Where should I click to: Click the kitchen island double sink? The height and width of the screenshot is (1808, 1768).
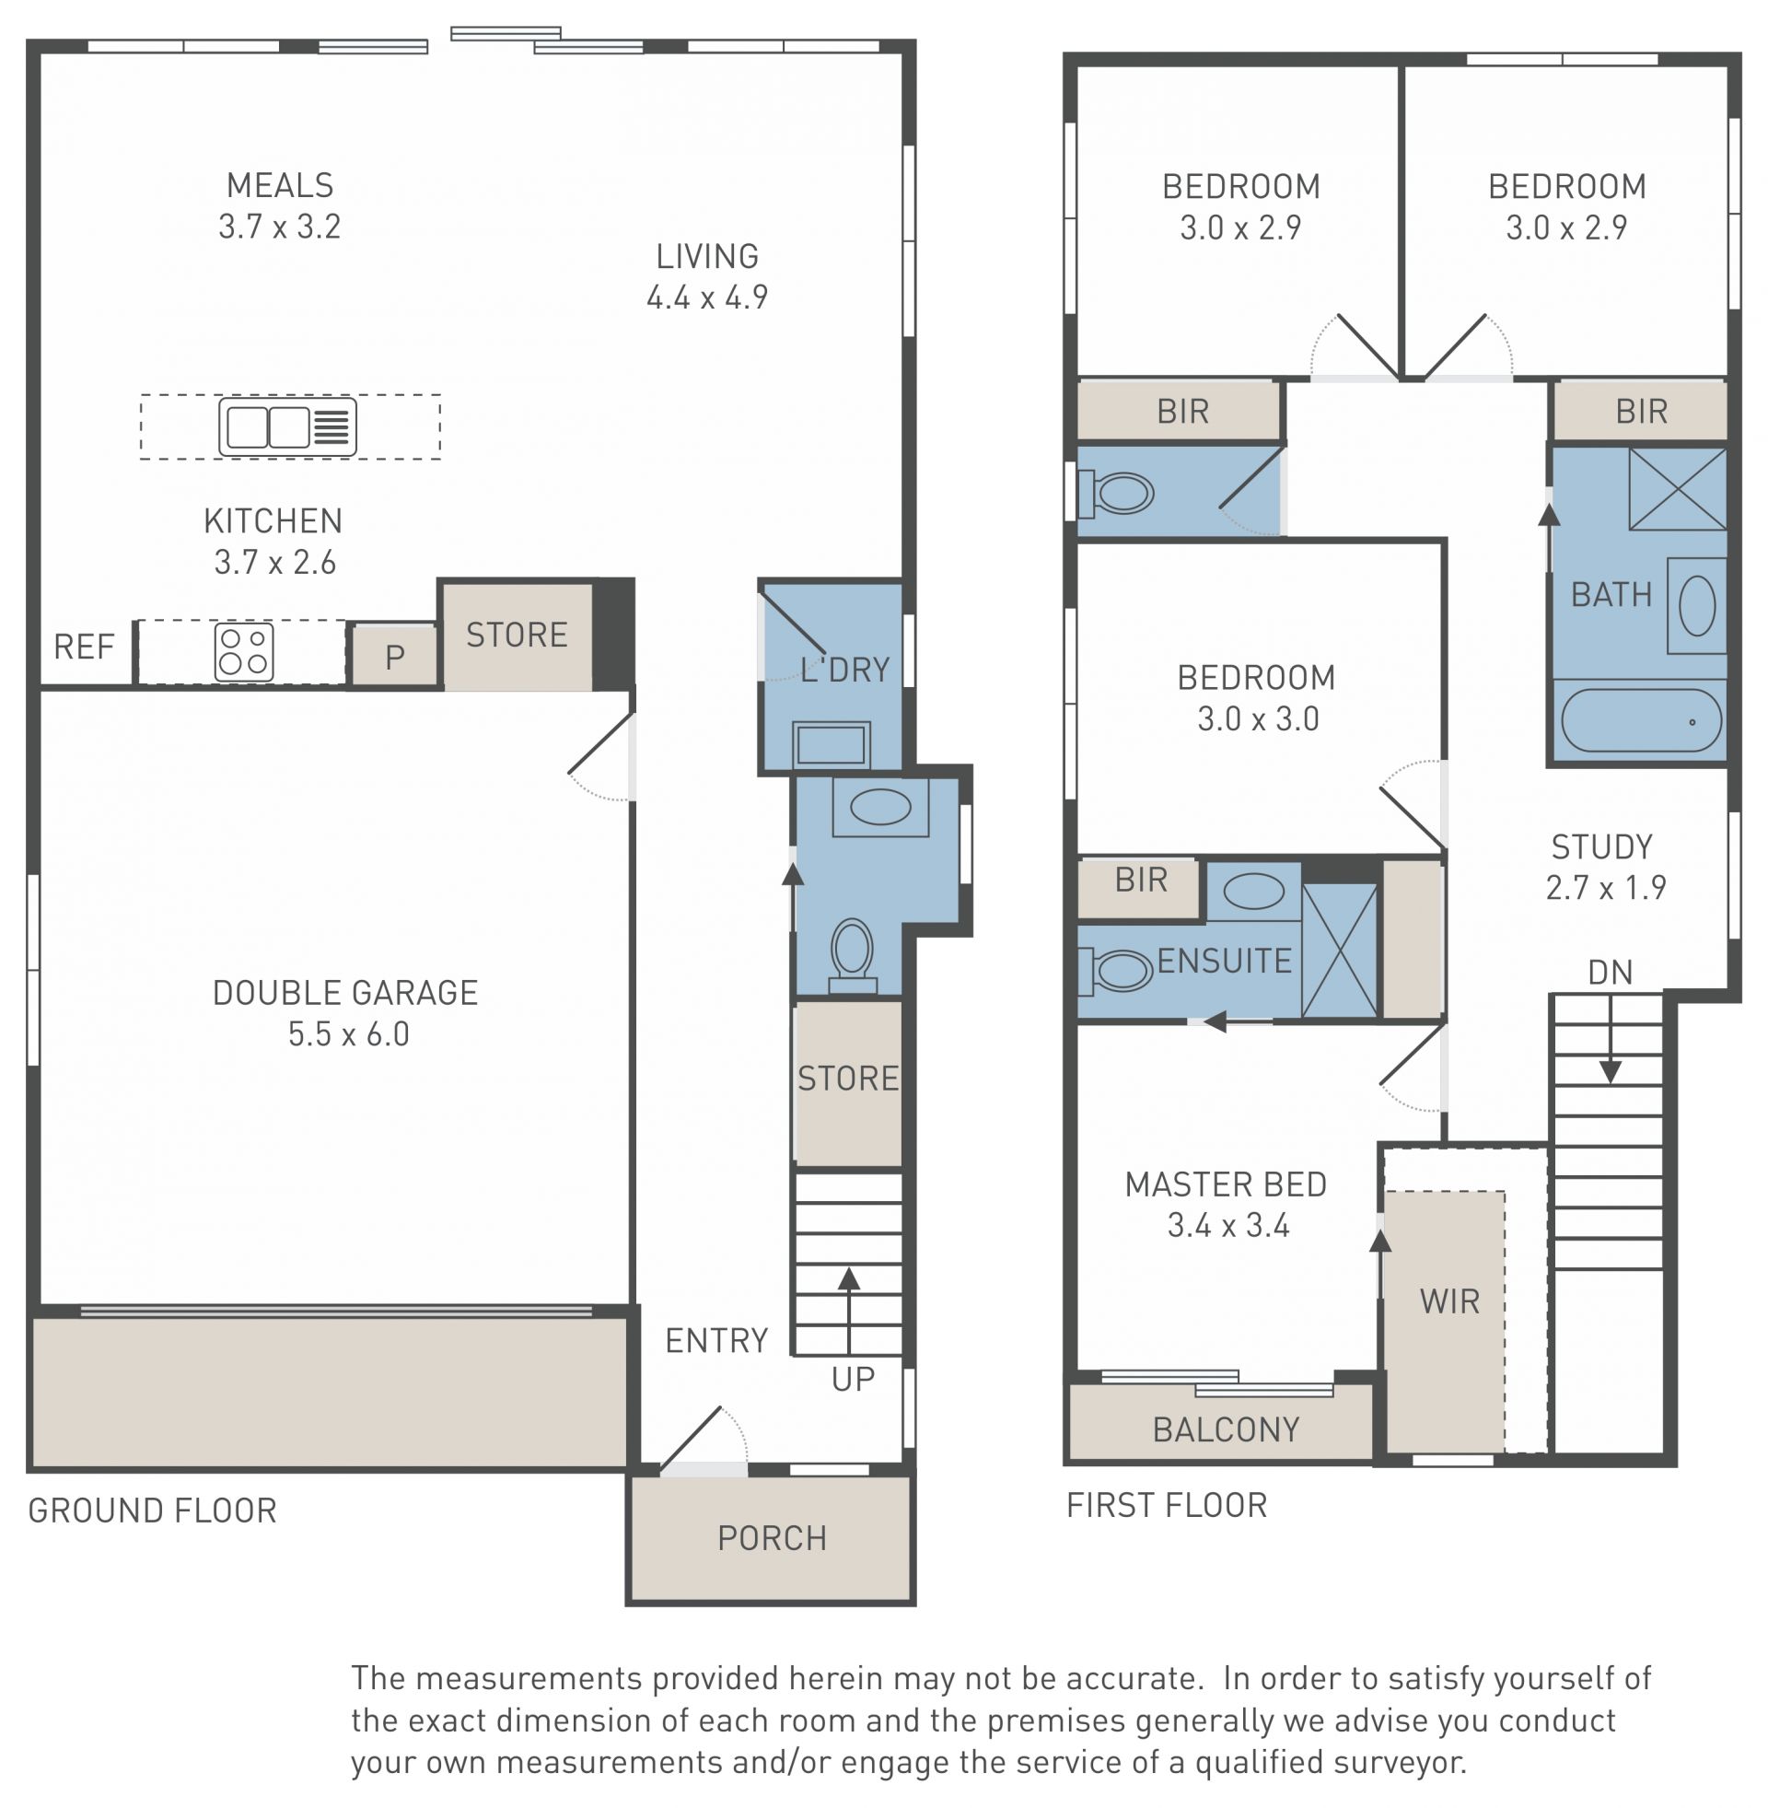pyautogui.click(x=288, y=426)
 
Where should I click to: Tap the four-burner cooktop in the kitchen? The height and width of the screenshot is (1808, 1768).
pyautogui.click(x=244, y=651)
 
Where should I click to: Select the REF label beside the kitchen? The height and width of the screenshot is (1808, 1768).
pyautogui.click(x=84, y=647)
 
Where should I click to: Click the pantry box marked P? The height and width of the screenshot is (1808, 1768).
pyautogui.click(x=395, y=656)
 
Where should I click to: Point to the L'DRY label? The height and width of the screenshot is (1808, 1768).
pyautogui.click(x=845, y=670)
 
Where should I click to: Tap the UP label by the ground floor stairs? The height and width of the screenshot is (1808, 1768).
pyautogui.click(x=853, y=1380)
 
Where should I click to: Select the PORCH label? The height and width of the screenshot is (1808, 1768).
pyautogui.click(x=772, y=1539)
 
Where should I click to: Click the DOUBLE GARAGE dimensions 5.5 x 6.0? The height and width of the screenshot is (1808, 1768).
pyautogui.click(x=348, y=1034)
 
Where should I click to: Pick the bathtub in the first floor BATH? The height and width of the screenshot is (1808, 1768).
pyautogui.click(x=1641, y=719)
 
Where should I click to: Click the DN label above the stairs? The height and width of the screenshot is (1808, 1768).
pyautogui.click(x=1611, y=973)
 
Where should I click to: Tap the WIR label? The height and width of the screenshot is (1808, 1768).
pyautogui.click(x=1449, y=1302)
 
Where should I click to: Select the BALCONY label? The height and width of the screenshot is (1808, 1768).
pyautogui.click(x=1226, y=1429)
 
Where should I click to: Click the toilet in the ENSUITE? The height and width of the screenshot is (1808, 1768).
pyautogui.click(x=1116, y=972)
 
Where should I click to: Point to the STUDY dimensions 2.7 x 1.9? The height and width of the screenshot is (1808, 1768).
pyautogui.click(x=1606, y=888)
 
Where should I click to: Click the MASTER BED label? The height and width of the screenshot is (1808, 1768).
pyautogui.click(x=1226, y=1184)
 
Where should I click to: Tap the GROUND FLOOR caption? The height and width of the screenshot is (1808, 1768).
pyautogui.click(x=152, y=1511)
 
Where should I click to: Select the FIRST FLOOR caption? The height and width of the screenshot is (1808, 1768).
pyautogui.click(x=1167, y=1505)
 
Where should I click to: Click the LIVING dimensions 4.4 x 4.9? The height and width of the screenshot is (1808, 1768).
pyautogui.click(x=706, y=297)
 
